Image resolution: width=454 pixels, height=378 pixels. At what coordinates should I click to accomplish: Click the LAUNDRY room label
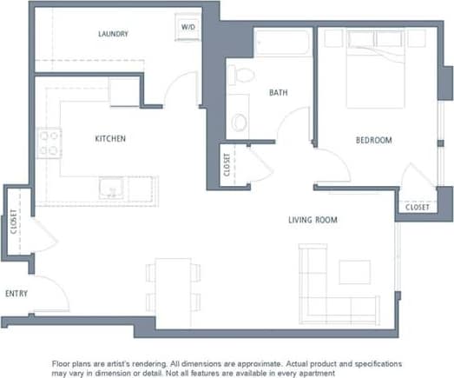coord(113,35)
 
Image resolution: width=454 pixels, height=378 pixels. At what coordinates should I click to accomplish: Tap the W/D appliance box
coord(188,27)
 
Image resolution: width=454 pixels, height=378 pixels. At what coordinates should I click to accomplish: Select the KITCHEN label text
coord(110,138)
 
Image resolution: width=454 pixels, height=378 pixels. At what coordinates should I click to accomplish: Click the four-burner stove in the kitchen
coord(49,143)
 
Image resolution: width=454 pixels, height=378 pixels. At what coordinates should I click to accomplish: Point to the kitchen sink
coord(110,189)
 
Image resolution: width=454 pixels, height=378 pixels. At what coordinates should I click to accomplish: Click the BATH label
coord(278,92)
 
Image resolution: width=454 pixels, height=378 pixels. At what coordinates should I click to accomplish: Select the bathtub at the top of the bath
coord(282,42)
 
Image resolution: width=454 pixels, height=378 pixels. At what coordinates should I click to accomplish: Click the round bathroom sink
coord(238,122)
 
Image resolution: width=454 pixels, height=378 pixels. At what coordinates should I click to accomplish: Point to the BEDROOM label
coord(373,140)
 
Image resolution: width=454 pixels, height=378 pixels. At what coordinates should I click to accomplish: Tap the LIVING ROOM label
coord(313,220)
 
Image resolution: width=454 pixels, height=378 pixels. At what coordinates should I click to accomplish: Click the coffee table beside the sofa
coord(354,272)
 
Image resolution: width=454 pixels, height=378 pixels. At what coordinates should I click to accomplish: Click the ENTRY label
coord(16,294)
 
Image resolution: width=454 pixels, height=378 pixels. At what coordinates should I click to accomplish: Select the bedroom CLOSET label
coord(417,208)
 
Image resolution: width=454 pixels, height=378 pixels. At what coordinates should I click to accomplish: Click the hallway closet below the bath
coord(227,164)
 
